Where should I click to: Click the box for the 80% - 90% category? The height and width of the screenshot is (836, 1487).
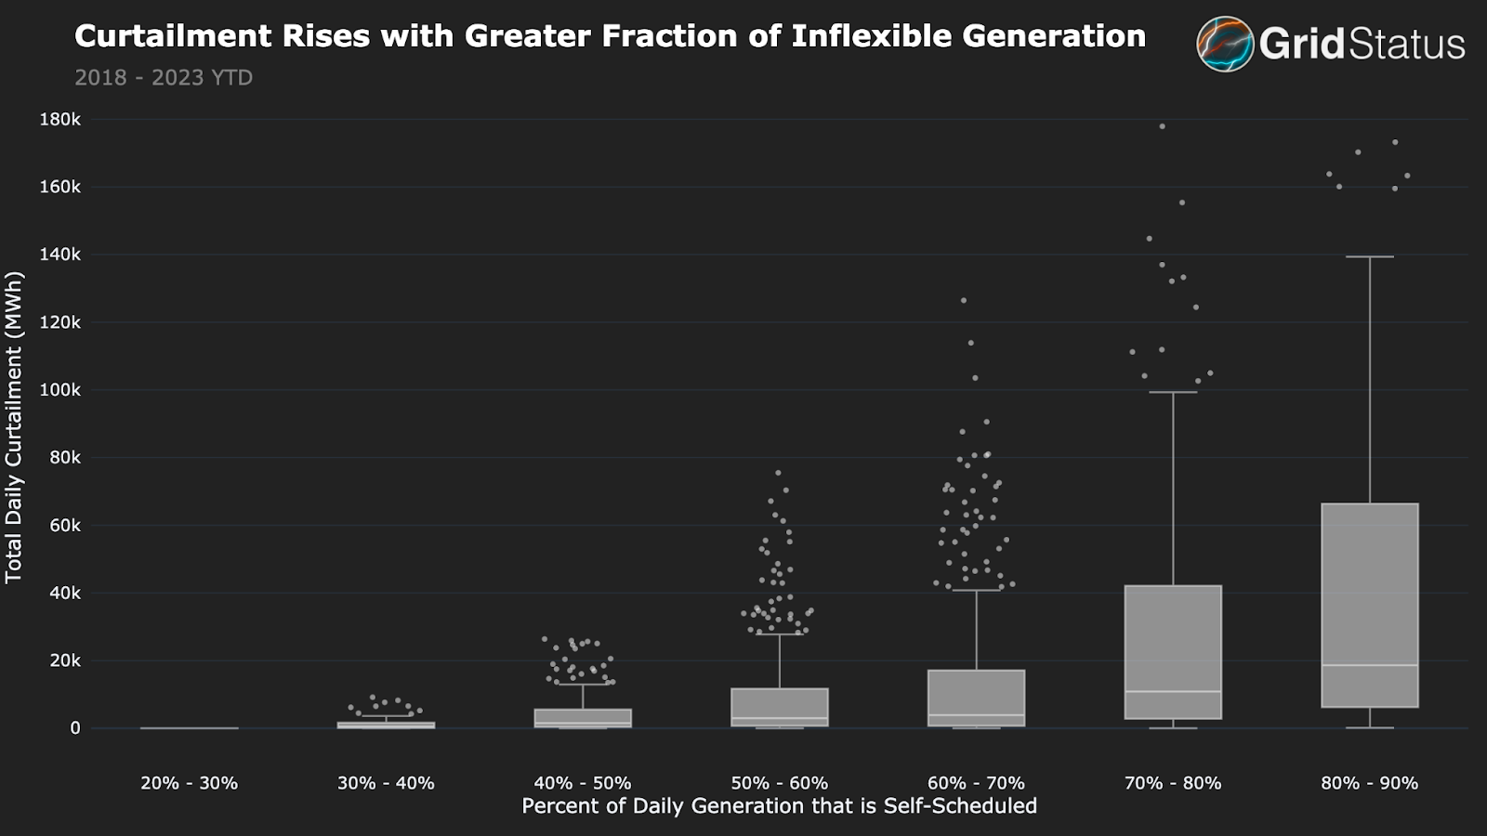point(1369,594)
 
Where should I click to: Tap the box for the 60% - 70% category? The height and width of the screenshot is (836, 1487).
point(976,697)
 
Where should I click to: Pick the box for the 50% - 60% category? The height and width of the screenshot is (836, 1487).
point(779,706)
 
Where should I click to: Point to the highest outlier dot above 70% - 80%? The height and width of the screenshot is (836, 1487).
point(1162,126)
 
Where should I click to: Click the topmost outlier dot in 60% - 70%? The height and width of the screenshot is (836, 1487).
point(964,301)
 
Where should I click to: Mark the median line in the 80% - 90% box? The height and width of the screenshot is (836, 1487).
point(1369,665)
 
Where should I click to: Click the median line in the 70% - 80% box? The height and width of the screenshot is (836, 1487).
point(1173,692)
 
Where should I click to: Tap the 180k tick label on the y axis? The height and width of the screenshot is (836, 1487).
point(60,120)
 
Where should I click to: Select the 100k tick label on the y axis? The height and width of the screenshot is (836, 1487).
point(60,390)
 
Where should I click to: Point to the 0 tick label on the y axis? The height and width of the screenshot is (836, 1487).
point(75,728)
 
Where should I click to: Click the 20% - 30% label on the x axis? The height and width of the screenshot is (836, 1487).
point(190,783)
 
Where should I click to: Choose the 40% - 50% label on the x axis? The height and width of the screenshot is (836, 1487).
point(583,783)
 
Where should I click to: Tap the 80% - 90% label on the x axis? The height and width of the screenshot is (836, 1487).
point(1369,783)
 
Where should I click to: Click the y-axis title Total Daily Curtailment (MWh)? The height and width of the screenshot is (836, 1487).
point(14,427)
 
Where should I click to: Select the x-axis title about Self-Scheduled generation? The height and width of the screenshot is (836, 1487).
point(779,806)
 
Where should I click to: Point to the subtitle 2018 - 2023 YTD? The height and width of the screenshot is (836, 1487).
point(164,78)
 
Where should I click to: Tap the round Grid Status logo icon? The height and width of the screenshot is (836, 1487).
point(1225,44)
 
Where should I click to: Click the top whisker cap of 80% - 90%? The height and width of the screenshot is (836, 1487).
point(1369,256)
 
